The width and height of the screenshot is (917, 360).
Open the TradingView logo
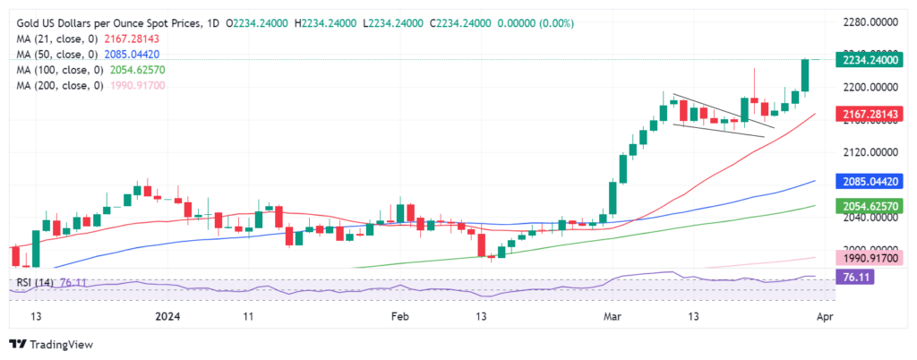[x=51, y=344]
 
